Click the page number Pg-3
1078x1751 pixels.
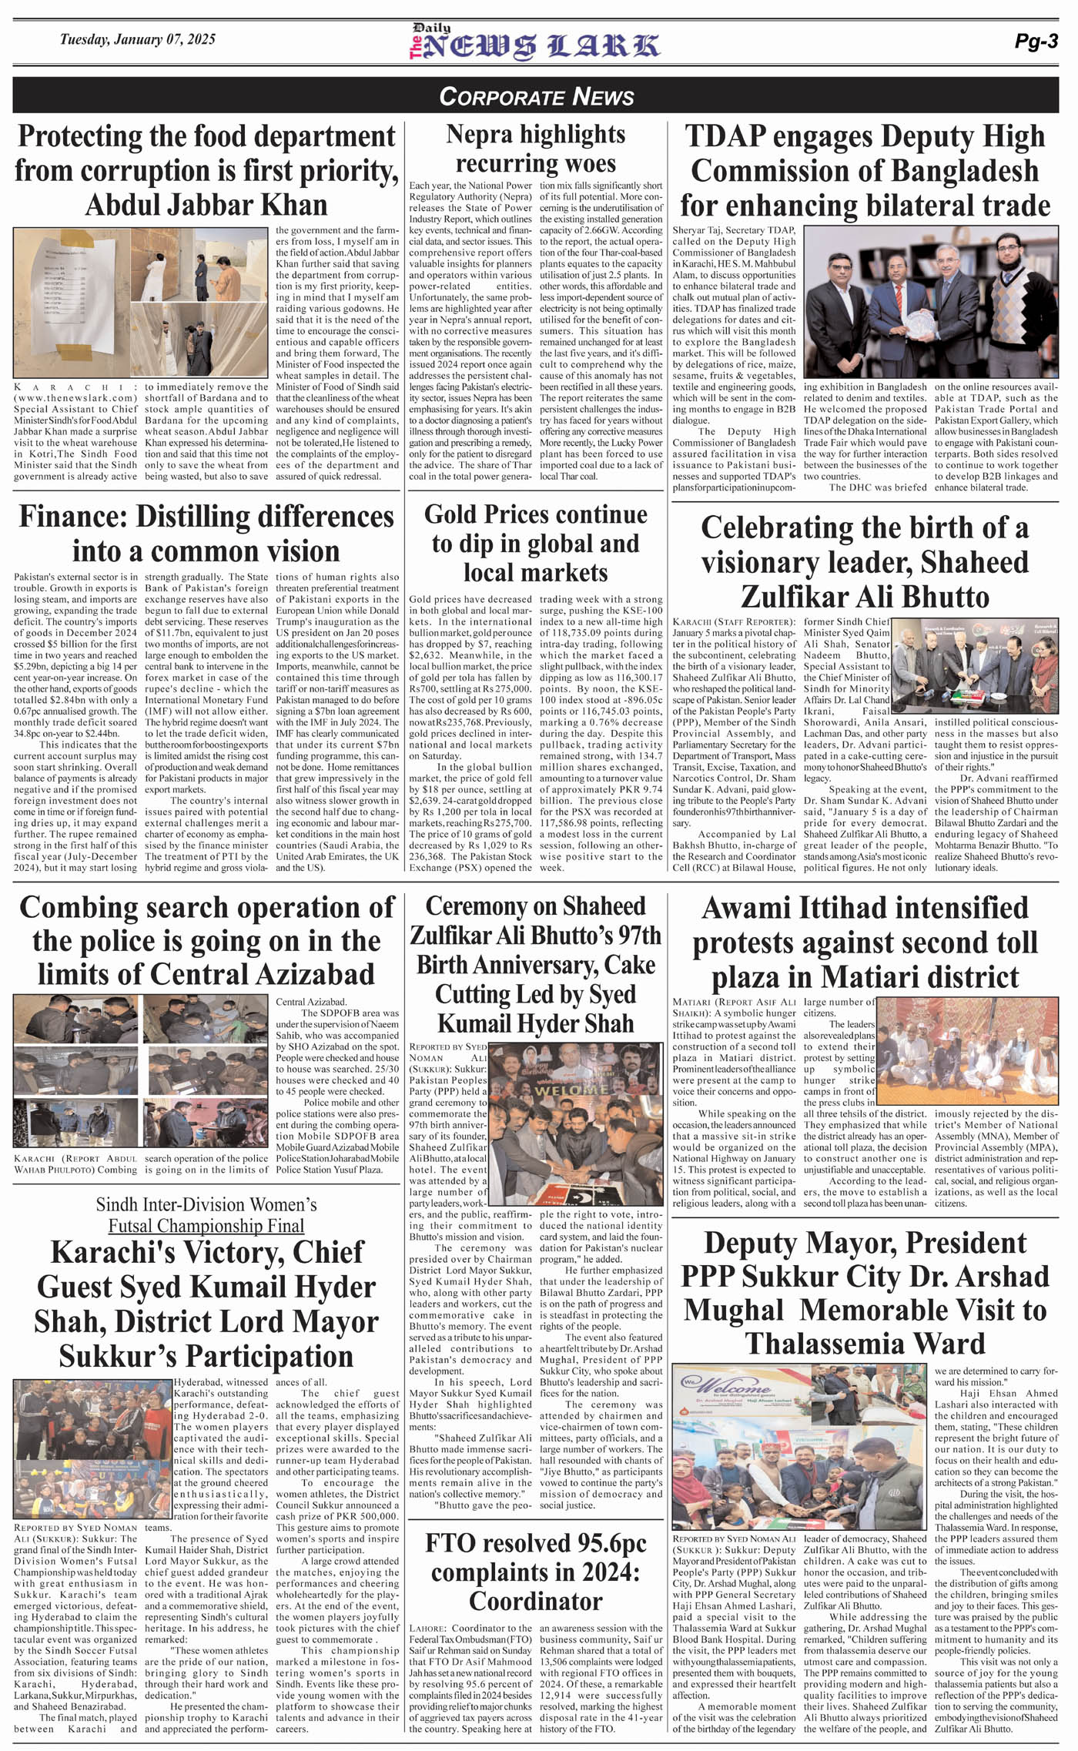[x=1036, y=42]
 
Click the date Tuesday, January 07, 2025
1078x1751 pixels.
[x=138, y=39]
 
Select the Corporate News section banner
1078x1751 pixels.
[x=536, y=96]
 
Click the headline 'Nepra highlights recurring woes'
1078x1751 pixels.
[x=535, y=149]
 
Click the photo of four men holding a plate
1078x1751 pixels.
[x=930, y=302]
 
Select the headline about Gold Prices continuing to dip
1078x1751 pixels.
[x=535, y=544]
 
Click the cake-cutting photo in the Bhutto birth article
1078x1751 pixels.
[x=976, y=666]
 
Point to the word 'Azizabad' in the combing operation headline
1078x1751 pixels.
[x=310, y=974]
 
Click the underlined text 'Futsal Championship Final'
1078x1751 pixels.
[x=206, y=1225]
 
